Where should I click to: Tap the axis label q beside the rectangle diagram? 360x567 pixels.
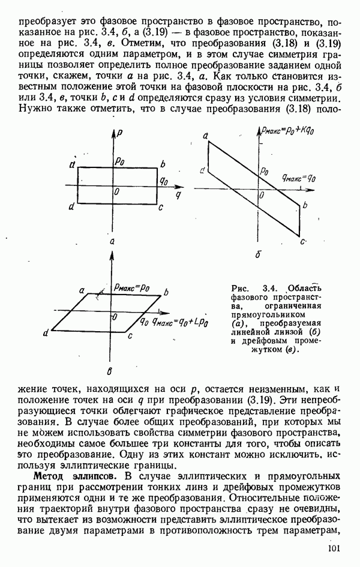pyautogui.click(x=178, y=195)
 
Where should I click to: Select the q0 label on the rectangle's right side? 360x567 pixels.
pyautogui.click(x=163, y=179)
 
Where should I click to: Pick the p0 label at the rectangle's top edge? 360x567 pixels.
pyautogui.click(x=121, y=161)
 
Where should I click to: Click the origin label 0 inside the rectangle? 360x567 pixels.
pyautogui.click(x=117, y=191)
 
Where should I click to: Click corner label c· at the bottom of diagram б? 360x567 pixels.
pyautogui.click(x=304, y=241)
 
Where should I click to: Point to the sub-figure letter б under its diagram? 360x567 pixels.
pyautogui.click(x=258, y=255)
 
